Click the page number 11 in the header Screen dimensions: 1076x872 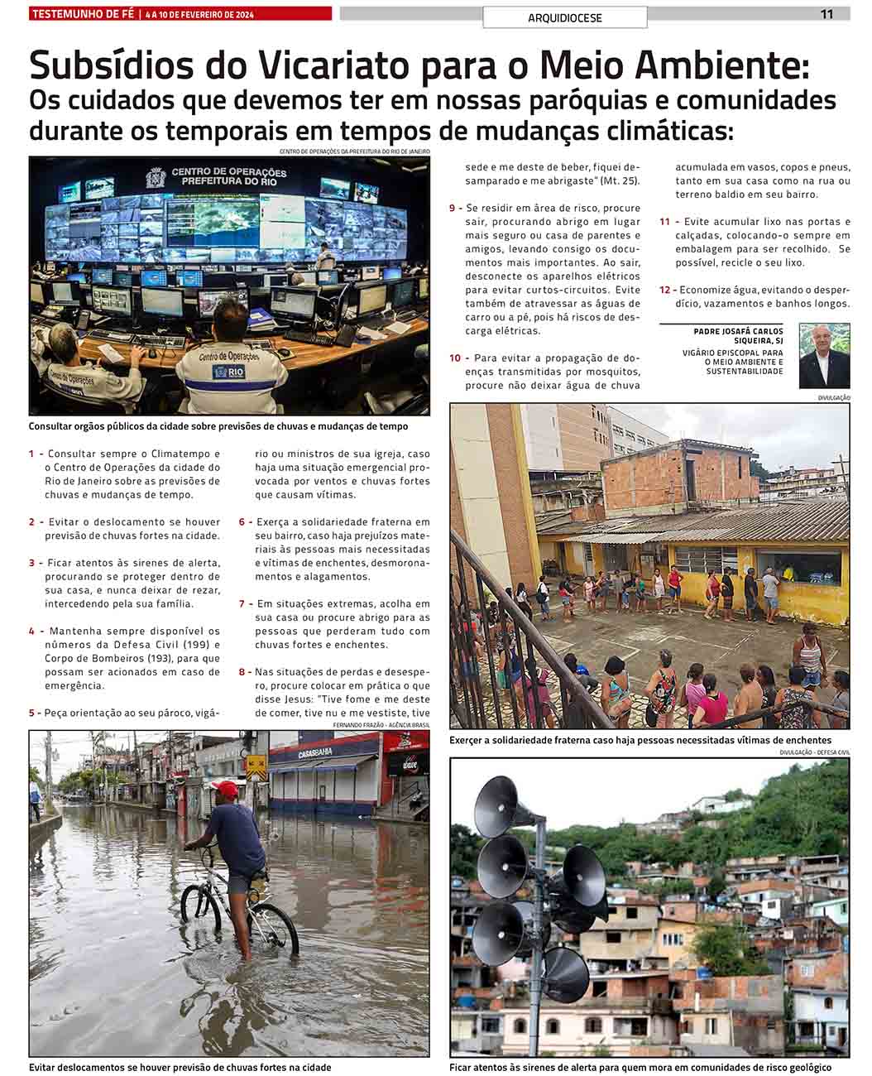coord(826,14)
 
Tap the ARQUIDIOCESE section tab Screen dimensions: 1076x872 coord(565,17)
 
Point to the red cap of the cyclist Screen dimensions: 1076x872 coord(225,788)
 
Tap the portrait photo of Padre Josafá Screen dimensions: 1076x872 coord(824,356)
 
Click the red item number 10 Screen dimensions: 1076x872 coord(455,358)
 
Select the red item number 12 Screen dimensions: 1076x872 coord(665,290)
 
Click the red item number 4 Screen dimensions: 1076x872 coord(31,632)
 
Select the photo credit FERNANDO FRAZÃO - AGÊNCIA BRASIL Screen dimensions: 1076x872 coord(381,725)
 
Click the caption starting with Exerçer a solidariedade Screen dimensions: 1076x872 coord(640,740)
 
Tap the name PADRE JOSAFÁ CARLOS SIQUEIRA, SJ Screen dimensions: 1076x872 coord(738,336)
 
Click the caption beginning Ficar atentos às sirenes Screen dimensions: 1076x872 coord(640,1068)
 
